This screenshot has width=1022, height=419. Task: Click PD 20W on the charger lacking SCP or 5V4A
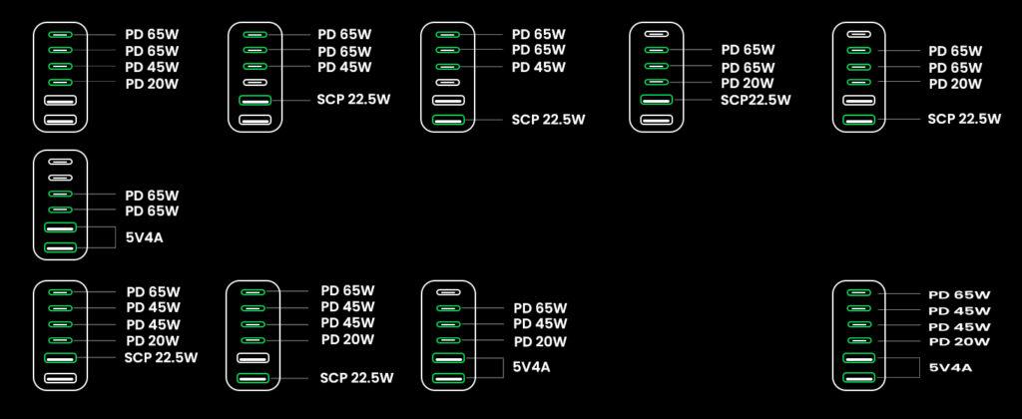[152, 84]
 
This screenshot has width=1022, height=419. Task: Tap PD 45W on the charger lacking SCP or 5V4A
[152, 67]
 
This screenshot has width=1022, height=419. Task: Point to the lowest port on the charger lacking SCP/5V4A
[60, 119]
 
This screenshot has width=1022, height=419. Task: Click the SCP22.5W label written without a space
[756, 100]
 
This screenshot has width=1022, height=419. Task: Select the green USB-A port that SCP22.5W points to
[656, 100]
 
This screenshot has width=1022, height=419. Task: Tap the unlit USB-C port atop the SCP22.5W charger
[656, 33]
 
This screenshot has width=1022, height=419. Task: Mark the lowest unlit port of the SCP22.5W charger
[656, 119]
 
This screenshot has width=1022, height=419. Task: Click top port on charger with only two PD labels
[60, 161]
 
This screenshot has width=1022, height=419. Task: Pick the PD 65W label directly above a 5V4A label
[152, 211]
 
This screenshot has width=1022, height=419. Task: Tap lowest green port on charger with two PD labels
[60, 246]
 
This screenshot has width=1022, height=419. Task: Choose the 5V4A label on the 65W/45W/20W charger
[531, 367]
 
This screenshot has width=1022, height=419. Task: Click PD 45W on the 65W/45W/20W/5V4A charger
[540, 324]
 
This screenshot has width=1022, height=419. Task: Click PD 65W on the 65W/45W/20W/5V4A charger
[540, 308]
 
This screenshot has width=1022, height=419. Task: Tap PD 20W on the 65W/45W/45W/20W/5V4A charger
[959, 342]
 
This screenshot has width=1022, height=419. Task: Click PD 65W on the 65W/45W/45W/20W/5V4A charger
[959, 294]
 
